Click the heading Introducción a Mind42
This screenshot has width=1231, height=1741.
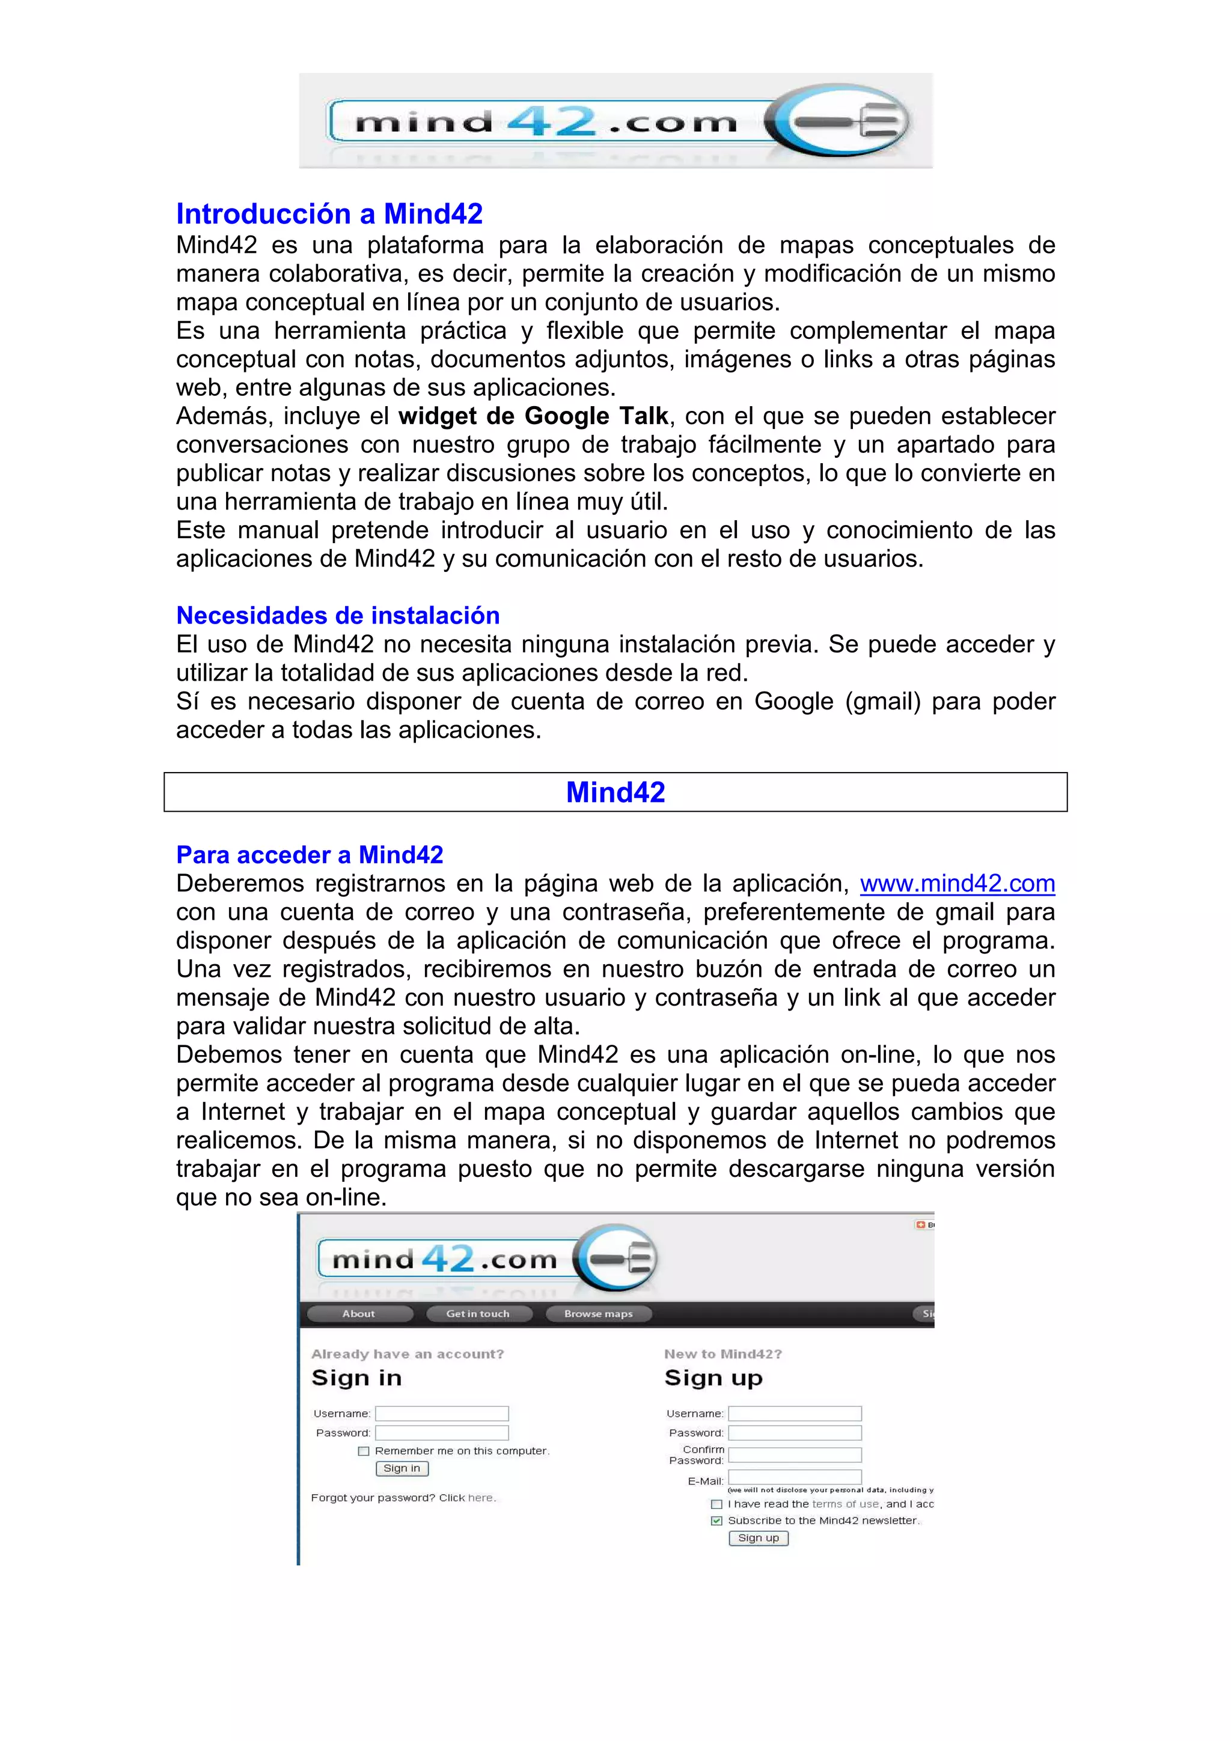coord(329,214)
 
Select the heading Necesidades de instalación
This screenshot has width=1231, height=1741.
coord(338,615)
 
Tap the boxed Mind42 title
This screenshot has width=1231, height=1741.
coord(615,792)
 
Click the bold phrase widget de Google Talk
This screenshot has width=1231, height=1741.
coord(533,416)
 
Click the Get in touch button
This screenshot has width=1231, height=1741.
coord(478,1313)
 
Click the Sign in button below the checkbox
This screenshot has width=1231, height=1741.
coord(402,1468)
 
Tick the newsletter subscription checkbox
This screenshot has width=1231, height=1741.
coord(716,1521)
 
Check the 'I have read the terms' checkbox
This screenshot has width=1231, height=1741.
coord(716,1504)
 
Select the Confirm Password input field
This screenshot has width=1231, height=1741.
coord(794,1454)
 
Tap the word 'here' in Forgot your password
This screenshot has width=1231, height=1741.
coord(480,1498)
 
